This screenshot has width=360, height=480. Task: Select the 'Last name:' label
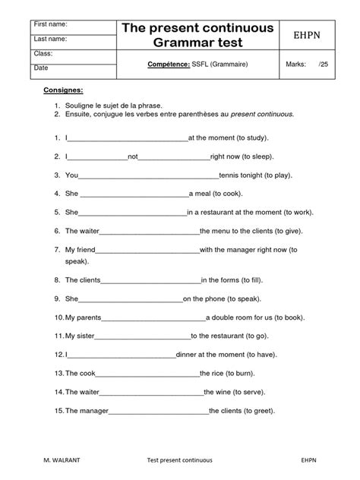(49, 38)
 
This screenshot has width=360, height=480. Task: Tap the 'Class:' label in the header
(42, 53)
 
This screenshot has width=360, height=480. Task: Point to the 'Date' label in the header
(40, 68)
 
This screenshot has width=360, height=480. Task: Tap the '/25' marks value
(325, 65)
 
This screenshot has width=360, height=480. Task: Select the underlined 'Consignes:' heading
(62, 90)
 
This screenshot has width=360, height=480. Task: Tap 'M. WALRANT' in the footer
(51, 460)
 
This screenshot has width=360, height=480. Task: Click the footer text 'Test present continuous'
(179, 460)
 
